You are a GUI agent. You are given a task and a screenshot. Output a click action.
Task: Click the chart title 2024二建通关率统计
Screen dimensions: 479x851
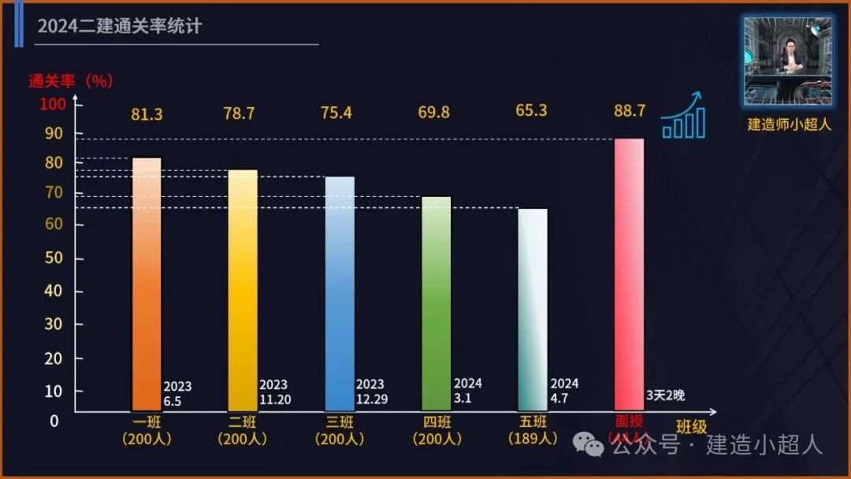click(120, 27)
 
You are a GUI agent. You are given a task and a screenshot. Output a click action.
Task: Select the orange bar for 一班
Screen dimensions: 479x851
click(147, 284)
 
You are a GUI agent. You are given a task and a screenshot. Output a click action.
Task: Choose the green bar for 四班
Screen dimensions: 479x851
click(437, 303)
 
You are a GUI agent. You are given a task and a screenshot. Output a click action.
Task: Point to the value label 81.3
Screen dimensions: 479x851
click(147, 114)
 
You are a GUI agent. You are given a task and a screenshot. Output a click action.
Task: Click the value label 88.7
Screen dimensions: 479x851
click(630, 111)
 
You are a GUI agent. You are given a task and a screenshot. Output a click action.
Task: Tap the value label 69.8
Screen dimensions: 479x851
click(434, 113)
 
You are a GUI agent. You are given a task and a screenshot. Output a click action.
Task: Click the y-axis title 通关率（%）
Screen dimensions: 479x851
click(72, 80)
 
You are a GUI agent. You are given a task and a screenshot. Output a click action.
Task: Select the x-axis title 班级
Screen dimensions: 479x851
click(692, 428)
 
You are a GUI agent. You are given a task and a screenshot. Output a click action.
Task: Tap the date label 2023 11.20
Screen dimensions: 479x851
click(274, 392)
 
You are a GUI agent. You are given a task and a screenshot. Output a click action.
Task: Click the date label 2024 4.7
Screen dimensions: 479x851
click(564, 391)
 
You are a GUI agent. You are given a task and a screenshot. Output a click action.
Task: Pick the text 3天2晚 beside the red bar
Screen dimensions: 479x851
click(665, 395)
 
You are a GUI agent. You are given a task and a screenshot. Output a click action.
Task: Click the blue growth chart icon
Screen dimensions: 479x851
click(683, 116)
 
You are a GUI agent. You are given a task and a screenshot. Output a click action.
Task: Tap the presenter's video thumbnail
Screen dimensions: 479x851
click(787, 61)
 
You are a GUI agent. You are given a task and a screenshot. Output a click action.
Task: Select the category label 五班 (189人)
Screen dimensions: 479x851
click(532, 430)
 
